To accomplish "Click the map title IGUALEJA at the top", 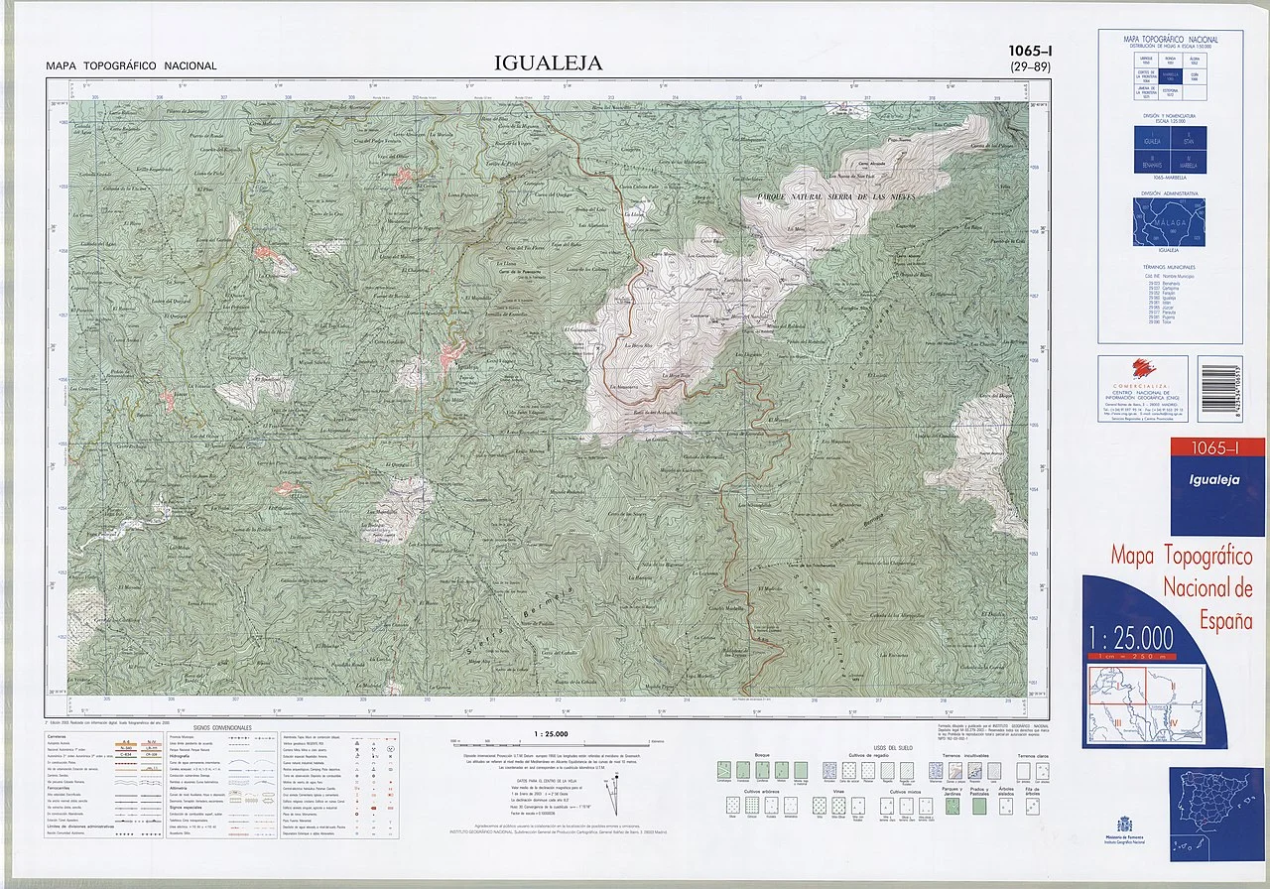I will [x=549, y=63].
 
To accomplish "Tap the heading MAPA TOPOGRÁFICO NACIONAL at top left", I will [x=131, y=66].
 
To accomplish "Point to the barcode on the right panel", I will [x=1231, y=391].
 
